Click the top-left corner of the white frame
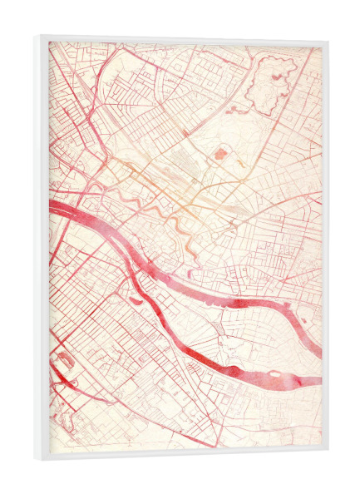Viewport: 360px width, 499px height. pos(36,36)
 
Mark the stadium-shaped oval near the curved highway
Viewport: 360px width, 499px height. pos(63,360)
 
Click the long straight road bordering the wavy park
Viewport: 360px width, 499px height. pos(274,125)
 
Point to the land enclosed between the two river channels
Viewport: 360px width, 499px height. pos(249,341)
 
